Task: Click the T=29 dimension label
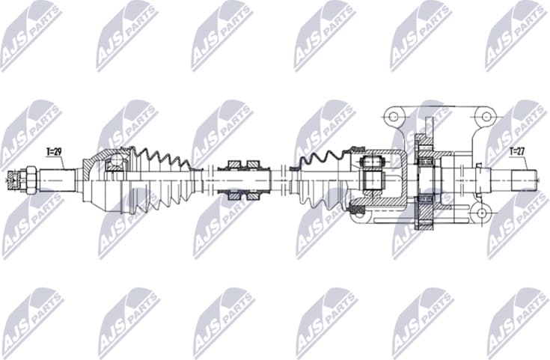click(54, 152)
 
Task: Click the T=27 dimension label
click(516, 152)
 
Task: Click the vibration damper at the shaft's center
click(244, 180)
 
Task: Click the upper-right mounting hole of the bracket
click(486, 116)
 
